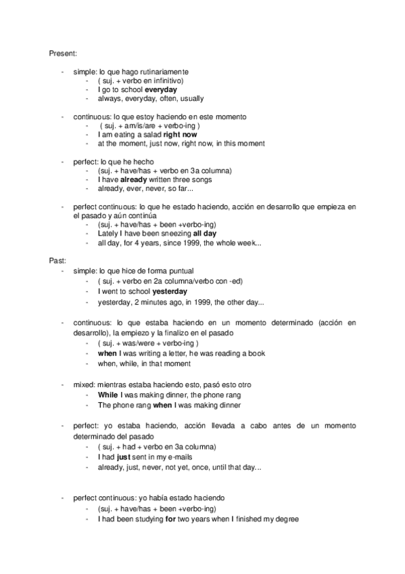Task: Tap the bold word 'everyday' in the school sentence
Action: (162, 89)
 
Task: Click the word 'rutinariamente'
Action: (166, 71)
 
